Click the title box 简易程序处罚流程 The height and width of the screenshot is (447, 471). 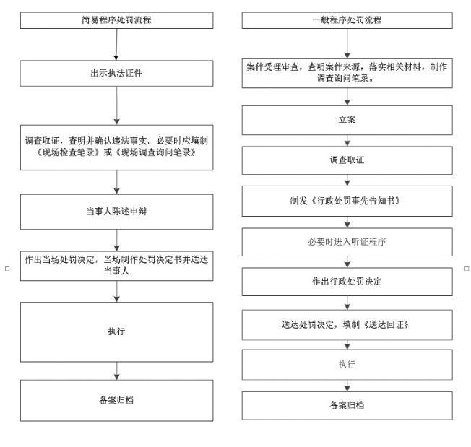coord(116,20)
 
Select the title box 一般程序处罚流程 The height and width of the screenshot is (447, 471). coord(347,20)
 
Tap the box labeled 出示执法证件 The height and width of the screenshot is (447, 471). coord(116,74)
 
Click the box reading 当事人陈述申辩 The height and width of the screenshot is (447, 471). coord(116,212)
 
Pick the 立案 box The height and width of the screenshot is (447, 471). coord(347,120)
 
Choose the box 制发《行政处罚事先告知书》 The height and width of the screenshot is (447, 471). coord(347,201)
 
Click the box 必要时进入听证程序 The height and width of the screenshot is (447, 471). coord(347,242)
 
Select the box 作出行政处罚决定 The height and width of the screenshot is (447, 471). coord(347,282)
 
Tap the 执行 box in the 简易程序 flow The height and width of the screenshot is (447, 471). coord(116,332)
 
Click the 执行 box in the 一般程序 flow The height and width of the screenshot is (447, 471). coord(347,365)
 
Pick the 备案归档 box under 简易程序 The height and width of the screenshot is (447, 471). coord(116,401)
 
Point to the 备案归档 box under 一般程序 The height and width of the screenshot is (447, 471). coord(347,406)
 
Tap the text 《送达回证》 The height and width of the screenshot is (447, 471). coord(386,324)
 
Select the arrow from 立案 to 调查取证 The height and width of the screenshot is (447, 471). coord(347,141)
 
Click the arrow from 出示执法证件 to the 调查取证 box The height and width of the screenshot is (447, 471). coord(116,105)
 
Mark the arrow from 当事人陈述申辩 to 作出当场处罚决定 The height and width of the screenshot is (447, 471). coord(116,240)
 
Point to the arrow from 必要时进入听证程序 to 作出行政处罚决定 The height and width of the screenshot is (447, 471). coord(347,262)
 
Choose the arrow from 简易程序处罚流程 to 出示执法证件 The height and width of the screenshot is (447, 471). coord(116,45)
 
